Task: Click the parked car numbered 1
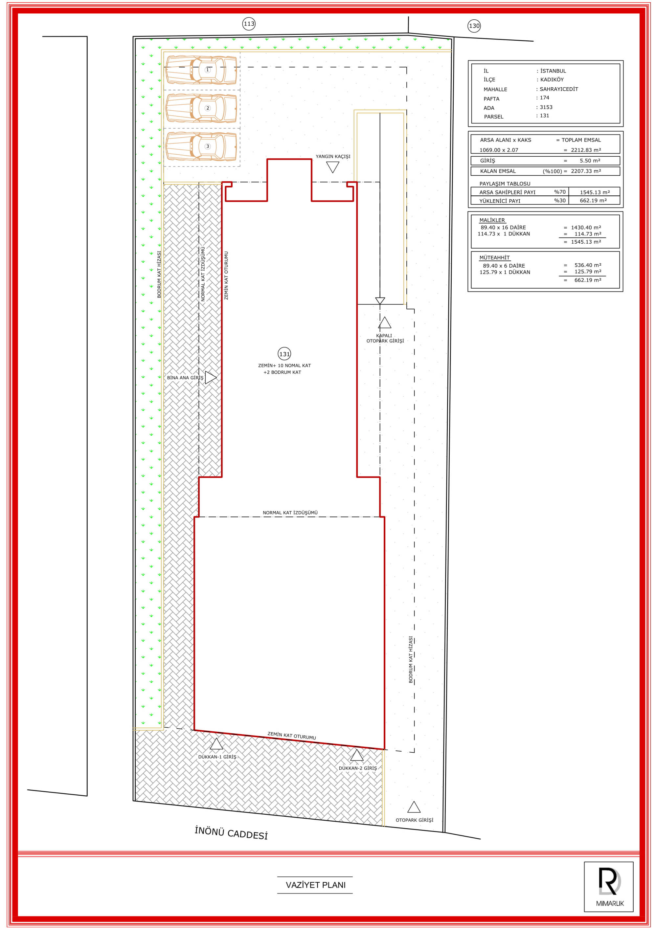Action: pyautogui.click(x=201, y=70)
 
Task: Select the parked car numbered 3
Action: pyautogui.click(x=201, y=146)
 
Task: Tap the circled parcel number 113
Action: pyautogui.click(x=249, y=24)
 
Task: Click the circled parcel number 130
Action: pyautogui.click(x=474, y=26)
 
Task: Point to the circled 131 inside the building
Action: pyautogui.click(x=284, y=354)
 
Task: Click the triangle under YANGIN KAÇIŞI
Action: pyautogui.click(x=333, y=167)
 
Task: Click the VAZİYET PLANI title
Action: pyautogui.click(x=316, y=885)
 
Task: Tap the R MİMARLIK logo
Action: pyautogui.click(x=609, y=887)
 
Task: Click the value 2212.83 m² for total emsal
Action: pyautogui.click(x=586, y=150)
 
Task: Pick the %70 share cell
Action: pyautogui.click(x=560, y=192)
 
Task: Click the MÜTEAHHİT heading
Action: pyautogui.click(x=494, y=257)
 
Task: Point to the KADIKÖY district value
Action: pyautogui.click(x=552, y=80)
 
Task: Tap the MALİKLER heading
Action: pyautogui.click(x=492, y=220)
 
